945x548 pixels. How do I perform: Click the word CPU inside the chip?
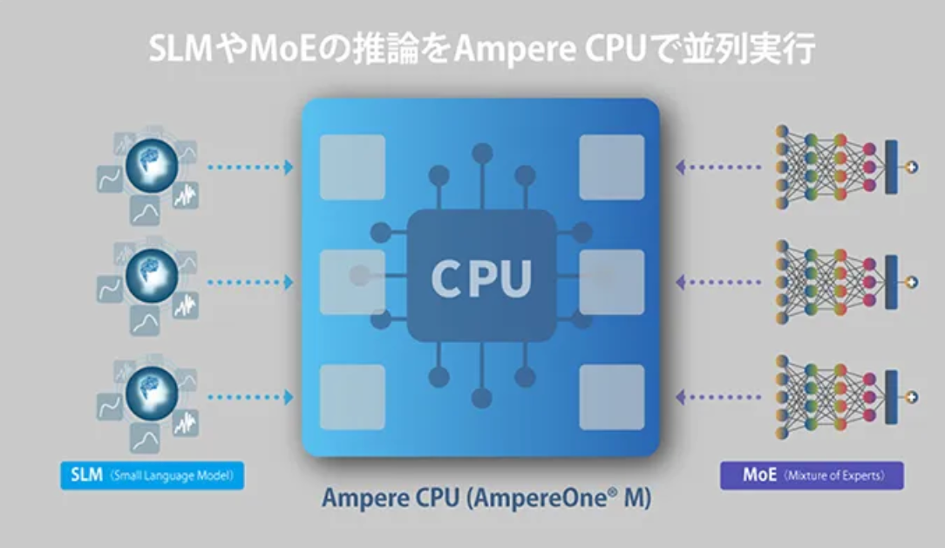pos(480,278)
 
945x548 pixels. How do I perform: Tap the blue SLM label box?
pos(153,476)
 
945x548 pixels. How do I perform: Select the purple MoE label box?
pos(811,476)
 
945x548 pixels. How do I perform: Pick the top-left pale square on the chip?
pos(352,167)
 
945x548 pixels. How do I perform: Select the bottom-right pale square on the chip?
pos(612,397)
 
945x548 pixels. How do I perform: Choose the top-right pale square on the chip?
pos(612,167)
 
